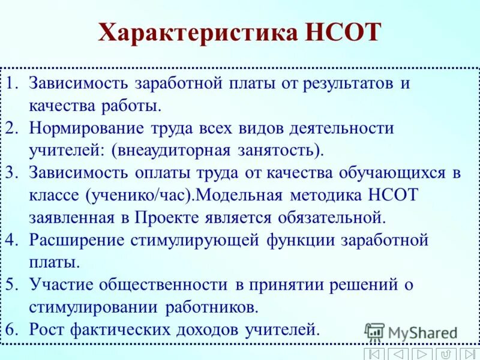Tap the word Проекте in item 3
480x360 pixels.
point(167,217)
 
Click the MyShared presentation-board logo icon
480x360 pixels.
point(374,332)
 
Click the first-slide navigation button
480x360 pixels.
point(374,354)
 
